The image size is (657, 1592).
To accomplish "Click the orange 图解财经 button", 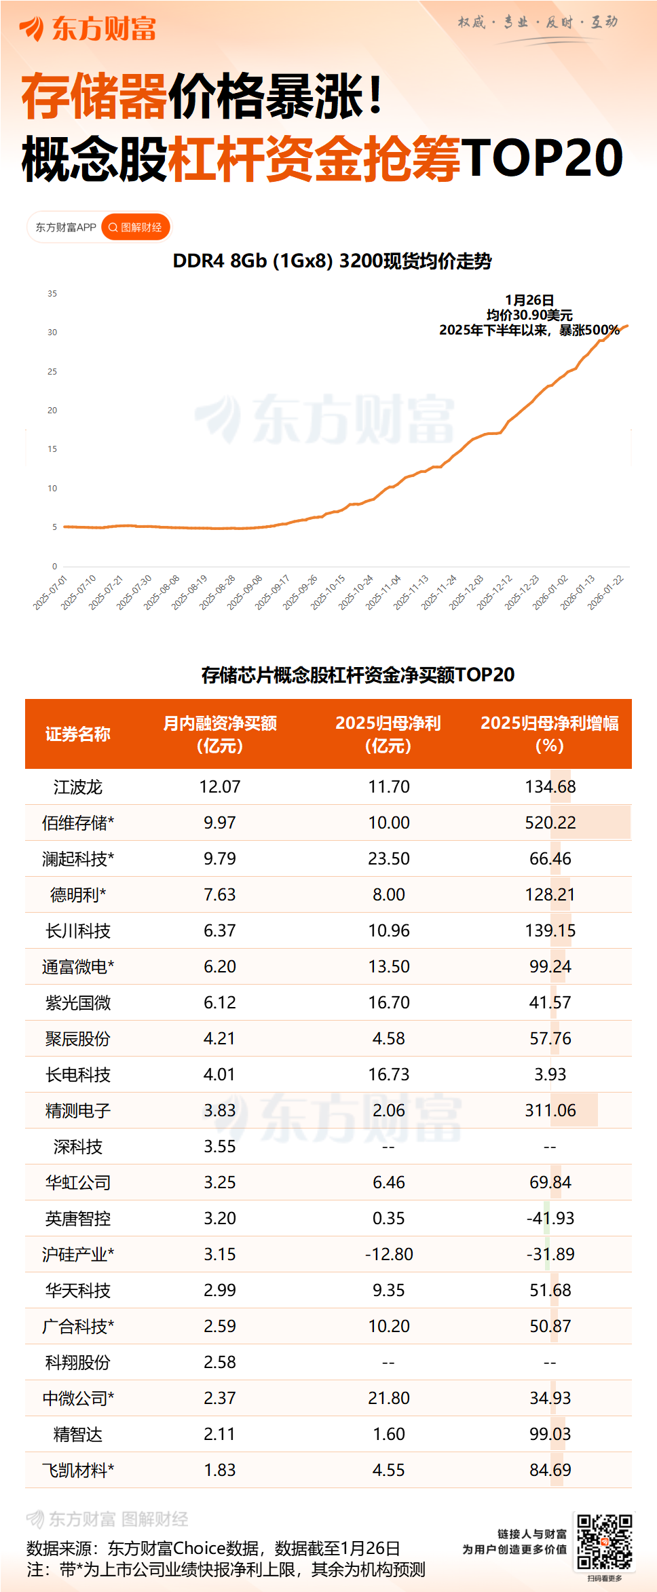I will pos(135,227).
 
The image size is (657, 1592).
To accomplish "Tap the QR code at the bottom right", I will pos(604,1541).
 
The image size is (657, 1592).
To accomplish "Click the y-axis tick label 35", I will pos(52,294).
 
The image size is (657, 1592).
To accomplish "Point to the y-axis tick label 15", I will pos(52,449).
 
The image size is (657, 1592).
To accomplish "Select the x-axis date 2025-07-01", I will pos(51,592).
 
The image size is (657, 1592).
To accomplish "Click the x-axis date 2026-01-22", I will pos(605,592).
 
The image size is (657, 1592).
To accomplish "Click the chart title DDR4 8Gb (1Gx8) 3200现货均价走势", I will pos(332,261).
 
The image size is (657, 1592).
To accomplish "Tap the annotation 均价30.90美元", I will pos(529,315).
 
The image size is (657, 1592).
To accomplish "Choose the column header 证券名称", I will pos(77,734).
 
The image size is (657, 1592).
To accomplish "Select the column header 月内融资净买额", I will pos(219,724).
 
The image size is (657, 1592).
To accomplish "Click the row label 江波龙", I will pos(77,787).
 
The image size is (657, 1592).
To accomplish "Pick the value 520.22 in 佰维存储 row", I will pos(550,823).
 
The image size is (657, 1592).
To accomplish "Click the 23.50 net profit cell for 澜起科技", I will pos(388,859).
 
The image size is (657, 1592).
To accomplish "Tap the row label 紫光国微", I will pos(77,1003).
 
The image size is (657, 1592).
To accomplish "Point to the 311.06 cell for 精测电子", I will pos(550,1111).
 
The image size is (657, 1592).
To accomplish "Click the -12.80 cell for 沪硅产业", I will pos(388,1255).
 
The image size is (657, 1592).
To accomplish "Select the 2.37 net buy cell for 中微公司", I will pos(219,1399).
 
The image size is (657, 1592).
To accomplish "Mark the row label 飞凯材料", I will pos(77,1471).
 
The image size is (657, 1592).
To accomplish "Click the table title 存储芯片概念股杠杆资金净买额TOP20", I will pos(358,675).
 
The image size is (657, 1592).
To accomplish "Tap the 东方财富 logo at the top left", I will pos(88,29).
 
